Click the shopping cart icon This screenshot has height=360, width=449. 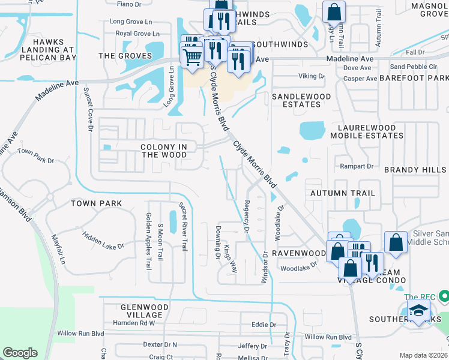[x=191, y=58]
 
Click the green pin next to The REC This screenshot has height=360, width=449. [x=443, y=296]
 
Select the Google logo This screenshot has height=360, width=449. [x=20, y=353]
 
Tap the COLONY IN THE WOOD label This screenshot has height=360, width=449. [x=164, y=151]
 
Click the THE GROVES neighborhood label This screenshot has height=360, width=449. [x=125, y=56]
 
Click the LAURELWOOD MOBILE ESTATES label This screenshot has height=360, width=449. [x=370, y=131]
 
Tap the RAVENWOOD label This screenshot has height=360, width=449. [x=298, y=253]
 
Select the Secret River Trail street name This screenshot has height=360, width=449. [x=182, y=227]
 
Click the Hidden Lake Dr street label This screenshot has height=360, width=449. [x=103, y=241]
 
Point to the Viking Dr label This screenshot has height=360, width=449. [x=312, y=76]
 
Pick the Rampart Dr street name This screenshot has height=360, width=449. [x=357, y=166]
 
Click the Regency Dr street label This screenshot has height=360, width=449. [x=246, y=217]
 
